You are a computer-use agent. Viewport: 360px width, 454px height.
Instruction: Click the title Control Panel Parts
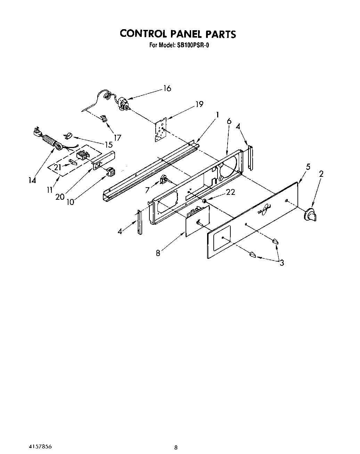click(x=178, y=34)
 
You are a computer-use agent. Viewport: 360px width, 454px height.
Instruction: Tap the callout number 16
click(x=167, y=89)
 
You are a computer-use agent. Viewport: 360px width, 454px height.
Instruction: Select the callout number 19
click(x=199, y=104)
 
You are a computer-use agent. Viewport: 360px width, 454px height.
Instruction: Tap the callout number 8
click(x=158, y=253)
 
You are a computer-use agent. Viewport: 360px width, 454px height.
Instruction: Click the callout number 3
click(x=281, y=263)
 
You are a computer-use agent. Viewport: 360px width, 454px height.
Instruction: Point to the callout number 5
click(x=308, y=167)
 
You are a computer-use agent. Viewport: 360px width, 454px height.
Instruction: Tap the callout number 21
click(x=58, y=167)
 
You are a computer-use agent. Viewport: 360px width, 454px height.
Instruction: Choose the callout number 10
click(x=70, y=201)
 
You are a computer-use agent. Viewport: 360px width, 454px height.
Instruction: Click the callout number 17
click(x=117, y=138)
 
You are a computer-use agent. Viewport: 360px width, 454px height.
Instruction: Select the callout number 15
click(x=108, y=145)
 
